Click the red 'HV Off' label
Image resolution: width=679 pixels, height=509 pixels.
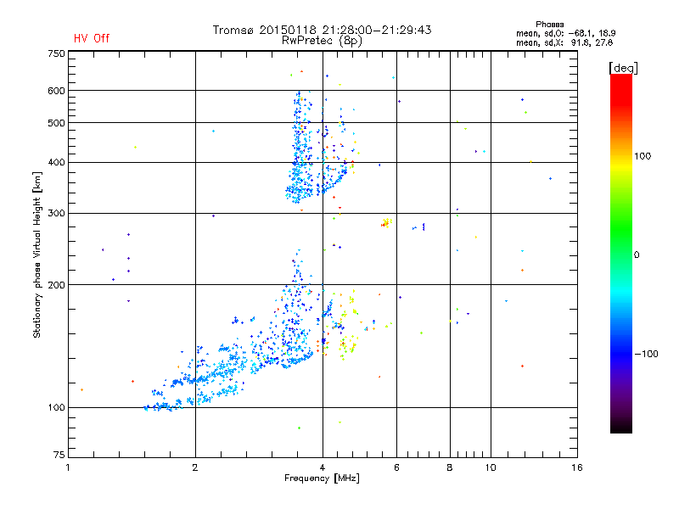coord(91,38)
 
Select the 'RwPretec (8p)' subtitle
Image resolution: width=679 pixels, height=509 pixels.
coord(322,40)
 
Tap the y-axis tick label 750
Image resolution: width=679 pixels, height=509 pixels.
coord(56,53)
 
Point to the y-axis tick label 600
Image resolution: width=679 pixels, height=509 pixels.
coord(56,91)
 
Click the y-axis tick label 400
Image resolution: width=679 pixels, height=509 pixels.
coord(56,162)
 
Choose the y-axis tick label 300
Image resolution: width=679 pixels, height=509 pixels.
coord(56,213)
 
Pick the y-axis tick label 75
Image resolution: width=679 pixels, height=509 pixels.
coord(59,458)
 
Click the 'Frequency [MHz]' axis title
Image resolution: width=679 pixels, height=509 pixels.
coord(322,479)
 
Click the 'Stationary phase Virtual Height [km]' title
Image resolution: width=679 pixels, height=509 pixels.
coord(37,255)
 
